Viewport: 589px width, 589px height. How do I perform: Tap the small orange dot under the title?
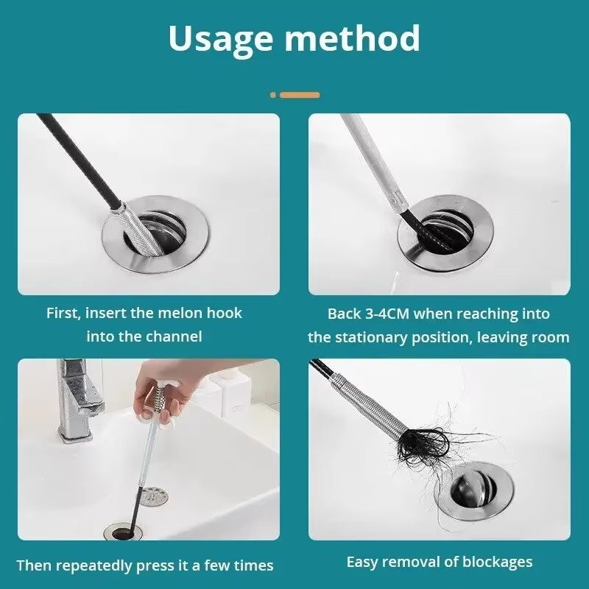tap(273, 95)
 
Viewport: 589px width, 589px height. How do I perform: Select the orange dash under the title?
tap(300, 95)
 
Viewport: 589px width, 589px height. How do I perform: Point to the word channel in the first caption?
tap(174, 336)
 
